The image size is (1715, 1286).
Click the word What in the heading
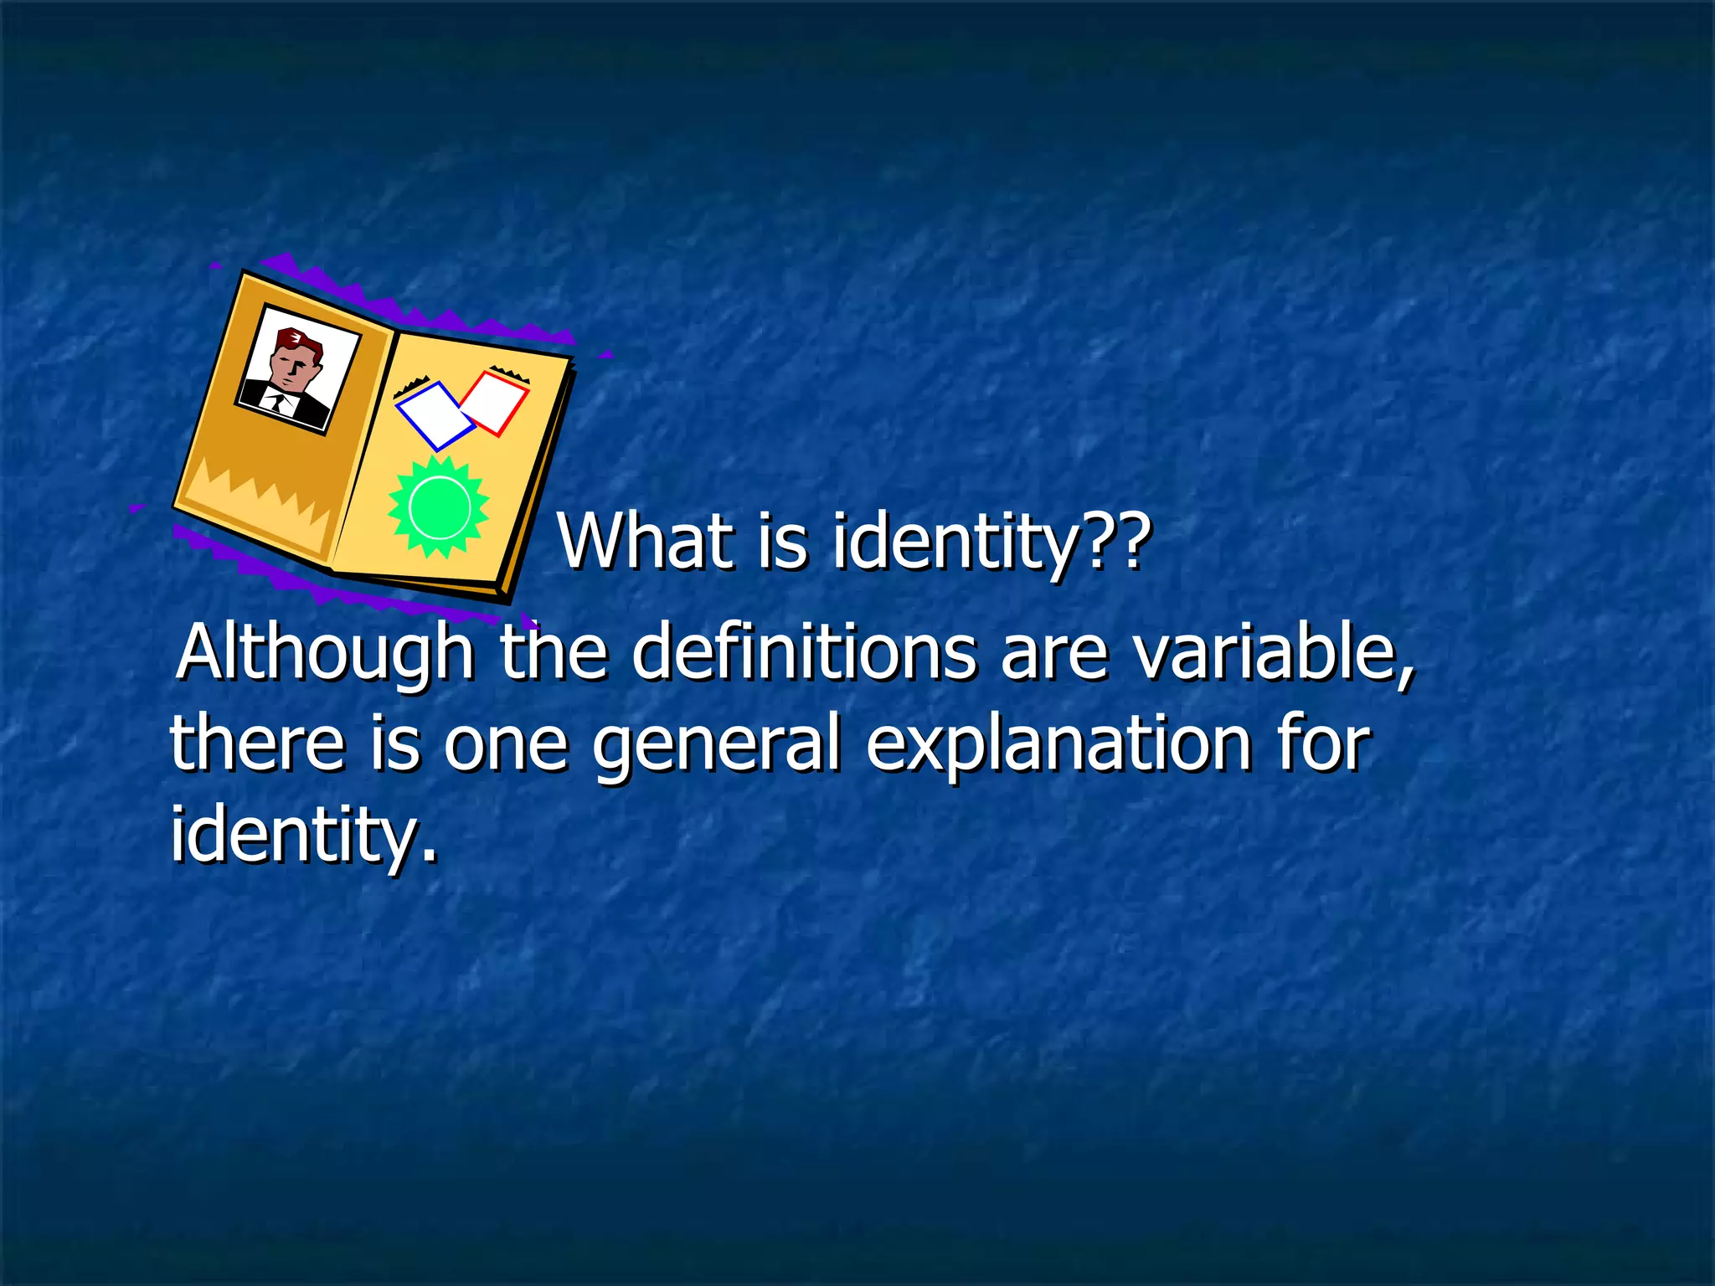645,542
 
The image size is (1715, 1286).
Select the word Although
327,653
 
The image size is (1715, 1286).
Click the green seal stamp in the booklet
439,507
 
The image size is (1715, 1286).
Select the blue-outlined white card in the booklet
434,415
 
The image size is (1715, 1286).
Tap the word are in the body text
1055,653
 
